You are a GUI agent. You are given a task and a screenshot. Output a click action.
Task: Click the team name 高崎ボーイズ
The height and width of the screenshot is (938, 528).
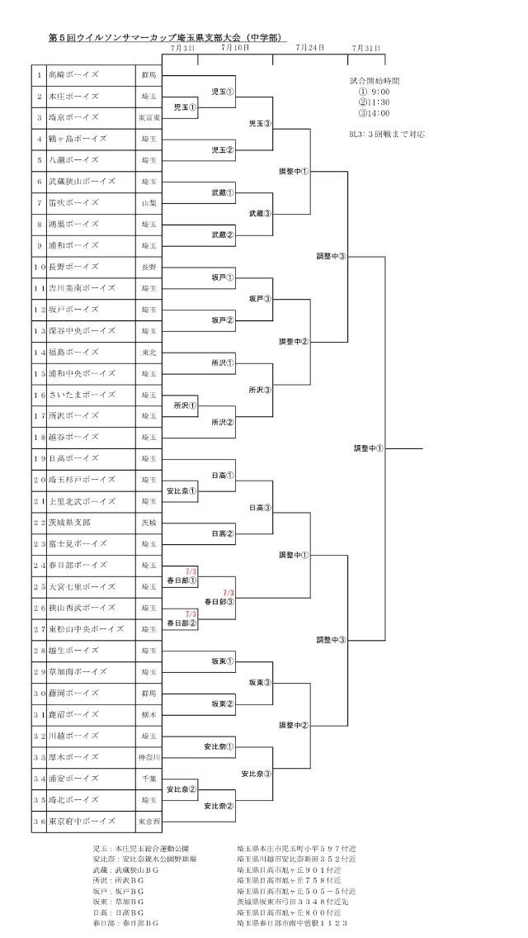point(73,75)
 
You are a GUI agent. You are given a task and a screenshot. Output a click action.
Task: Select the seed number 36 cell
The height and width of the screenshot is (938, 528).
point(40,822)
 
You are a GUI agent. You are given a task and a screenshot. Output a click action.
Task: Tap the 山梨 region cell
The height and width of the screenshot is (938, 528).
point(148,203)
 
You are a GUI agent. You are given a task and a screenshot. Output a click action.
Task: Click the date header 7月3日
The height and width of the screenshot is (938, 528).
point(182,48)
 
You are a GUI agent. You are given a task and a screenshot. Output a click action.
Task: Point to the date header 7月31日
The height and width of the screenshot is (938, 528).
point(366,48)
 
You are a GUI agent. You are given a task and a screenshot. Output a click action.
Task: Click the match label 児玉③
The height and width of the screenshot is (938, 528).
point(260,124)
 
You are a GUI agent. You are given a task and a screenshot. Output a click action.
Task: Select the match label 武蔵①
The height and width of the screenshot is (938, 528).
point(223,193)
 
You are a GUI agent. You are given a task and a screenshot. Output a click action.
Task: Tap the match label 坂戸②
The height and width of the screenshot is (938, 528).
point(223,320)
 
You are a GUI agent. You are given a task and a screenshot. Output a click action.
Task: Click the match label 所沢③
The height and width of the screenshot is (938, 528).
point(260,390)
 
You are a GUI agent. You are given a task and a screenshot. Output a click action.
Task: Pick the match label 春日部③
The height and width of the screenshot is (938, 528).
point(219,602)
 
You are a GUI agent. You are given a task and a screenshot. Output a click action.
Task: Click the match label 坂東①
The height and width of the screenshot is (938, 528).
point(223,661)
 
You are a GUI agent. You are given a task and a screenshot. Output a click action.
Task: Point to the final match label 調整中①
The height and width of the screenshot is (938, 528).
point(368,448)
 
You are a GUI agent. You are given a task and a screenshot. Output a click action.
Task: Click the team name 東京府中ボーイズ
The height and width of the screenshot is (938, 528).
point(82,822)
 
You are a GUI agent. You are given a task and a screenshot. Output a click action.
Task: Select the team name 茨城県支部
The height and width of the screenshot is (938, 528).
point(69,523)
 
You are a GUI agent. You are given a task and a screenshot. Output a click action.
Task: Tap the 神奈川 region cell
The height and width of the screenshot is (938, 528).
point(148,757)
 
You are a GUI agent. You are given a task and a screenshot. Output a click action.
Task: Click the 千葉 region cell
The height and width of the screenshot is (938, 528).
point(148,779)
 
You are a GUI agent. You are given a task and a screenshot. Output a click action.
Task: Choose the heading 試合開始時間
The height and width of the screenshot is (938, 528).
point(375,81)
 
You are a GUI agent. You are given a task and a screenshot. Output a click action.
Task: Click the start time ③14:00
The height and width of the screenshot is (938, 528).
point(375,113)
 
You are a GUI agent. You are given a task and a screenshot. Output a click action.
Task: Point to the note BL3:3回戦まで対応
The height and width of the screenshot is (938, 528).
point(387,135)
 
